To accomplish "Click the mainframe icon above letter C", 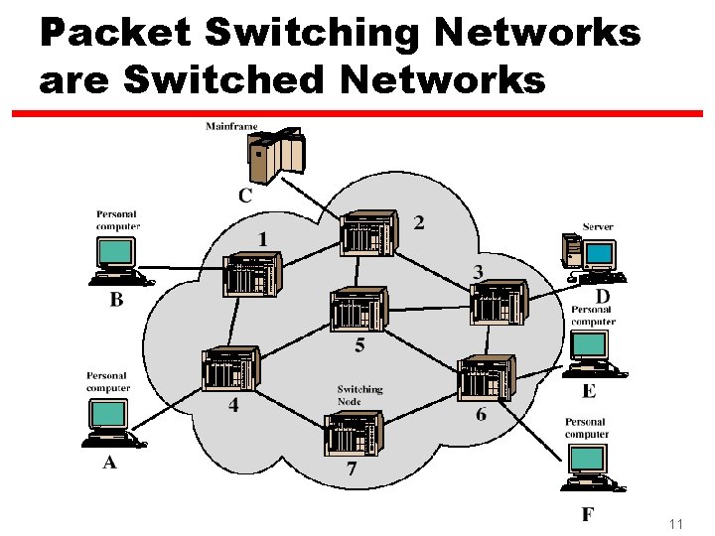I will coord(277,154).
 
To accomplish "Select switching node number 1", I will coord(252,274).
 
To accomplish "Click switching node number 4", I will coord(229,369).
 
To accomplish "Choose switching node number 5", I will coord(357,310).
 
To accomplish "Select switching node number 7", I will coord(354,434).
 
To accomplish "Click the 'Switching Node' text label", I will coord(359,395).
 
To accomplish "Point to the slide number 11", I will coord(676,523).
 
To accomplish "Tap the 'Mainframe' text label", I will coord(232,126).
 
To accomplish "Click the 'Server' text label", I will coord(598,226).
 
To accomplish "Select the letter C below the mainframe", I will coord(245,197).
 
